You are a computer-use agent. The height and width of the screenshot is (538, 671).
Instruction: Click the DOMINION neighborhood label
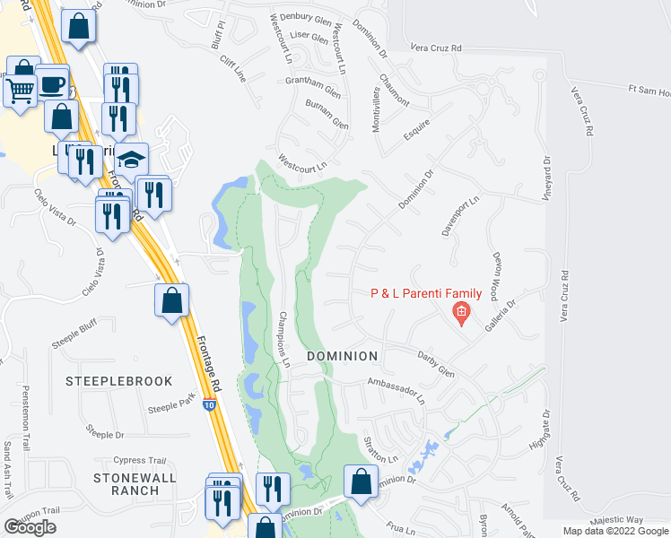342,356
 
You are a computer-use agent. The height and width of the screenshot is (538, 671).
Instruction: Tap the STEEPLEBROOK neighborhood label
118,381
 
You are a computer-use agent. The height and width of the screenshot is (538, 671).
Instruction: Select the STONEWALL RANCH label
135,484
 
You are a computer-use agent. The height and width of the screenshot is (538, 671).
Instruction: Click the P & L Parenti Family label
427,294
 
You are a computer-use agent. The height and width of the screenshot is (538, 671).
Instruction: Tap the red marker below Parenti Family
460,312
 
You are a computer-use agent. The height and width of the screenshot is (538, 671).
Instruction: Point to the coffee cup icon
52,83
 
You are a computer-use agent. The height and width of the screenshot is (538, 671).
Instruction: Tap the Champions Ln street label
284,342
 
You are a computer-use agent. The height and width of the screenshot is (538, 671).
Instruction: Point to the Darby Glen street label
436,364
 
